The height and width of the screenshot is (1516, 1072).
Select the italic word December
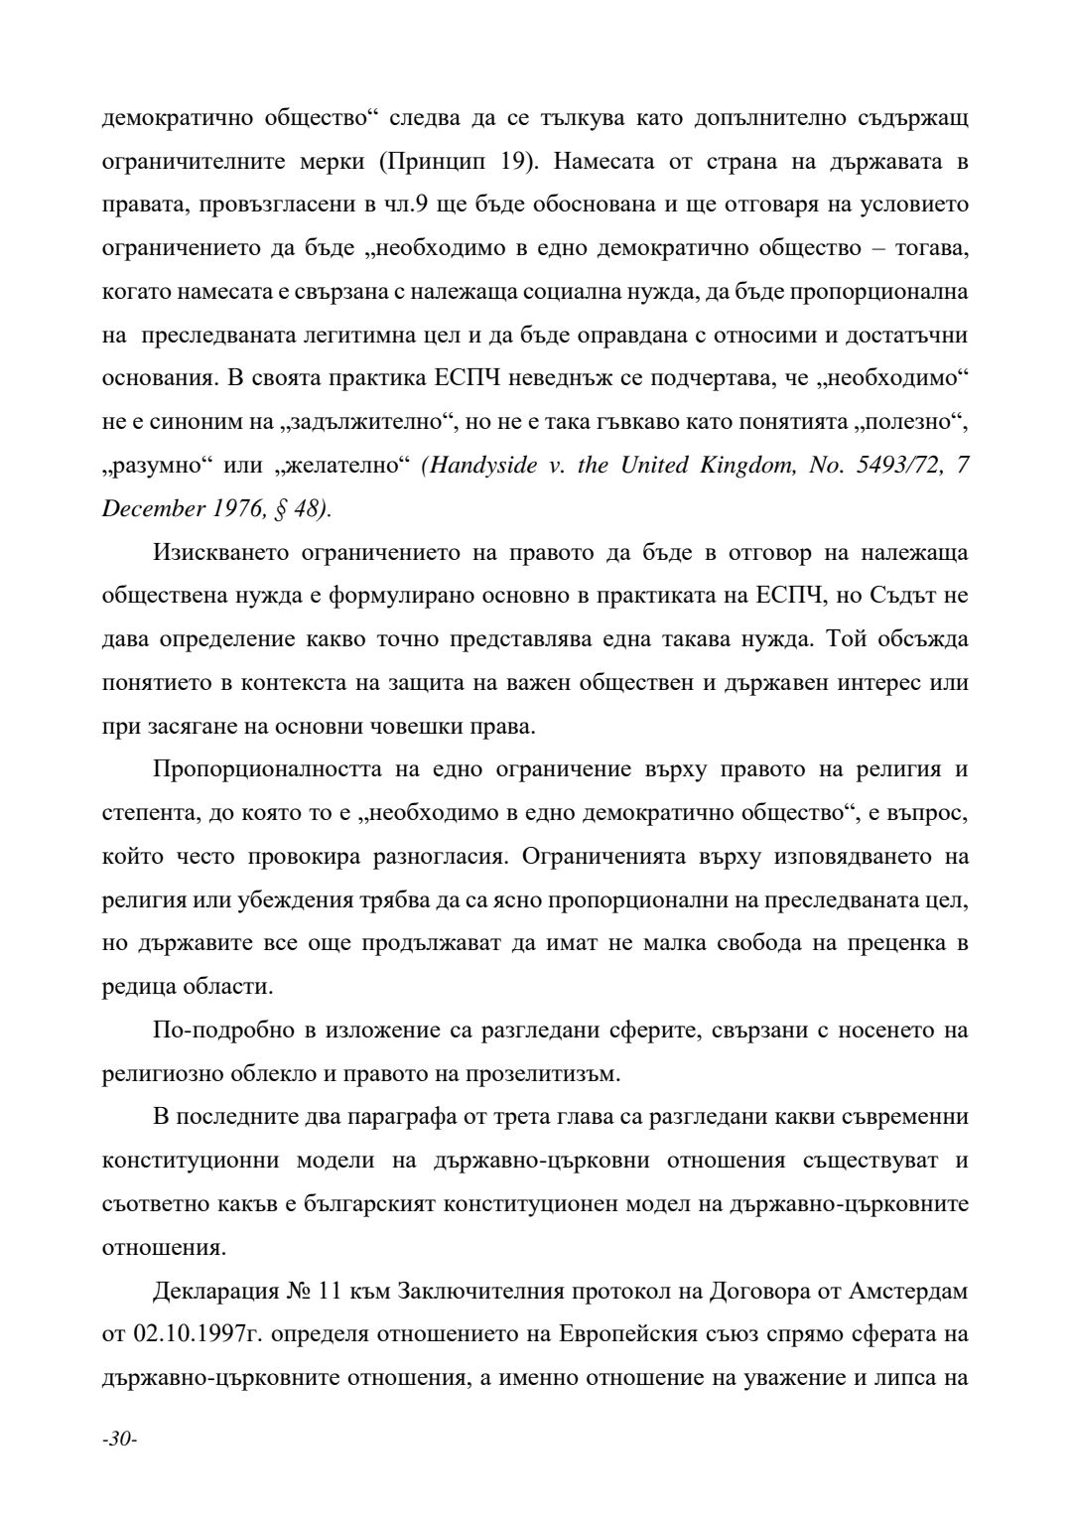tap(146, 508)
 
